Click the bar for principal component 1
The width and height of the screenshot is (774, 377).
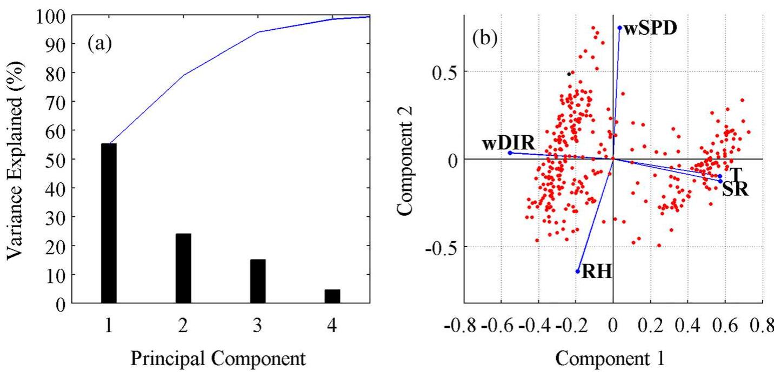[109, 223]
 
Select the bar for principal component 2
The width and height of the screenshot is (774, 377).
[183, 268]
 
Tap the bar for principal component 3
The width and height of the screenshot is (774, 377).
[258, 281]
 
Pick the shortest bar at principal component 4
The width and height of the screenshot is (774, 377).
[332, 296]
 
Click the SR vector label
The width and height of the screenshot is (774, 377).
[735, 189]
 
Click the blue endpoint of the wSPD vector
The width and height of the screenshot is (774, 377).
[619, 28]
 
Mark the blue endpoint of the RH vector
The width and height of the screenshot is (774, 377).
[578, 271]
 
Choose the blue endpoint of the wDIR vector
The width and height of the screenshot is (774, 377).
[510, 153]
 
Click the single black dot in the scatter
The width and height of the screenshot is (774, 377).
[569, 74]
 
